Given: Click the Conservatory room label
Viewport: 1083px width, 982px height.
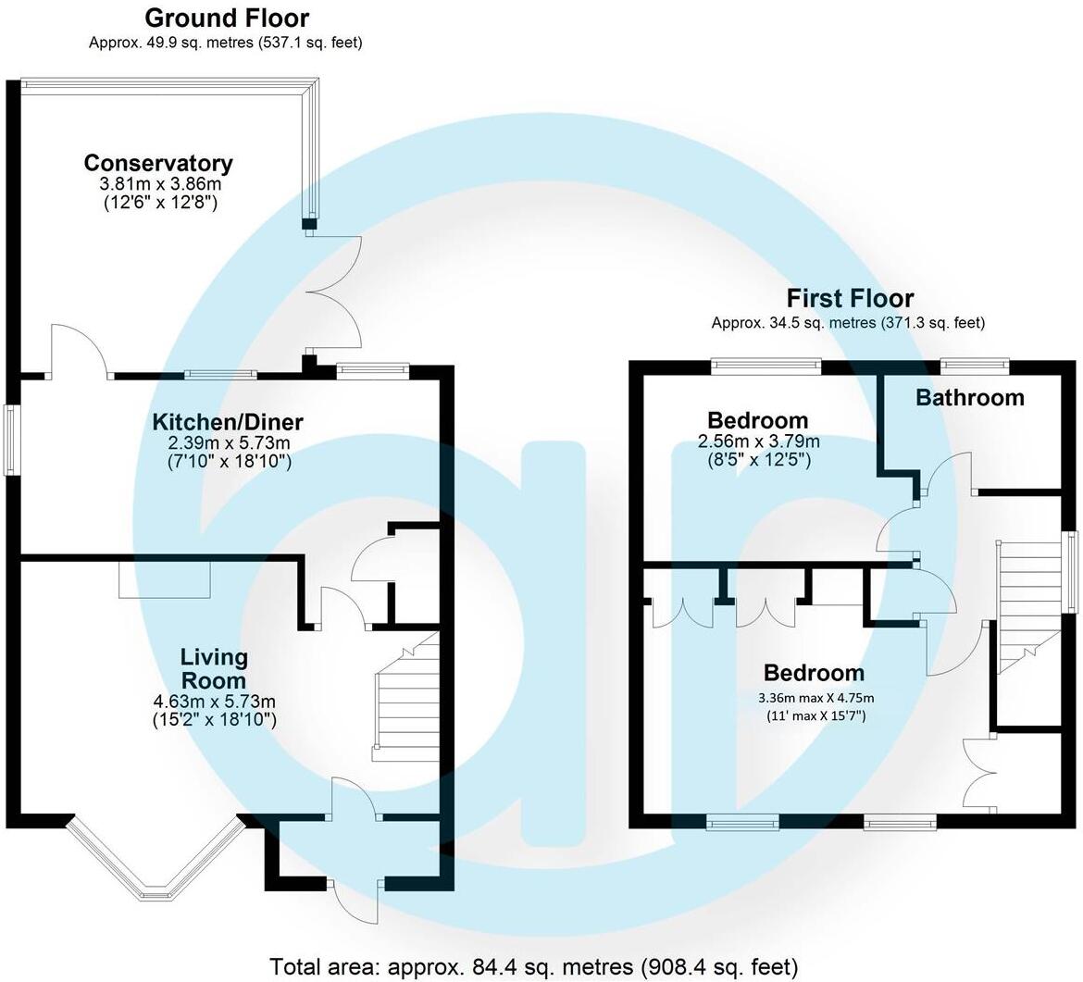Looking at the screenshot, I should [x=158, y=164].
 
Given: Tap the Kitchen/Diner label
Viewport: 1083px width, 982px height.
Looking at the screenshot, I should [x=228, y=423].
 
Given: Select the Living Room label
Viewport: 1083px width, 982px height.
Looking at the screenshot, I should [x=214, y=669].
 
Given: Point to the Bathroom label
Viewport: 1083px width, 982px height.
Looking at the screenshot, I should [x=970, y=398].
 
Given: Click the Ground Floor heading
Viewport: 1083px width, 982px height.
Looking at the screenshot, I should [x=227, y=18].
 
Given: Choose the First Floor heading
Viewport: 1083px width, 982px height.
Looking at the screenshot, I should [x=850, y=299].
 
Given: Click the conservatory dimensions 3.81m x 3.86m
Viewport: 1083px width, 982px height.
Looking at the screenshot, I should [x=158, y=184].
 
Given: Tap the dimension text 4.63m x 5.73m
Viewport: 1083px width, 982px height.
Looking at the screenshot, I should [x=214, y=701].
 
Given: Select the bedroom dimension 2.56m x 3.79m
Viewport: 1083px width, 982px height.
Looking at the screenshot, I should [x=758, y=441].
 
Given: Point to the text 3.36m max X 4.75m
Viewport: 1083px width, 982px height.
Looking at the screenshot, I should [x=815, y=698].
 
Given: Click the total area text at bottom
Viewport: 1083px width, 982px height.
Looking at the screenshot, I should [x=533, y=967].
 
